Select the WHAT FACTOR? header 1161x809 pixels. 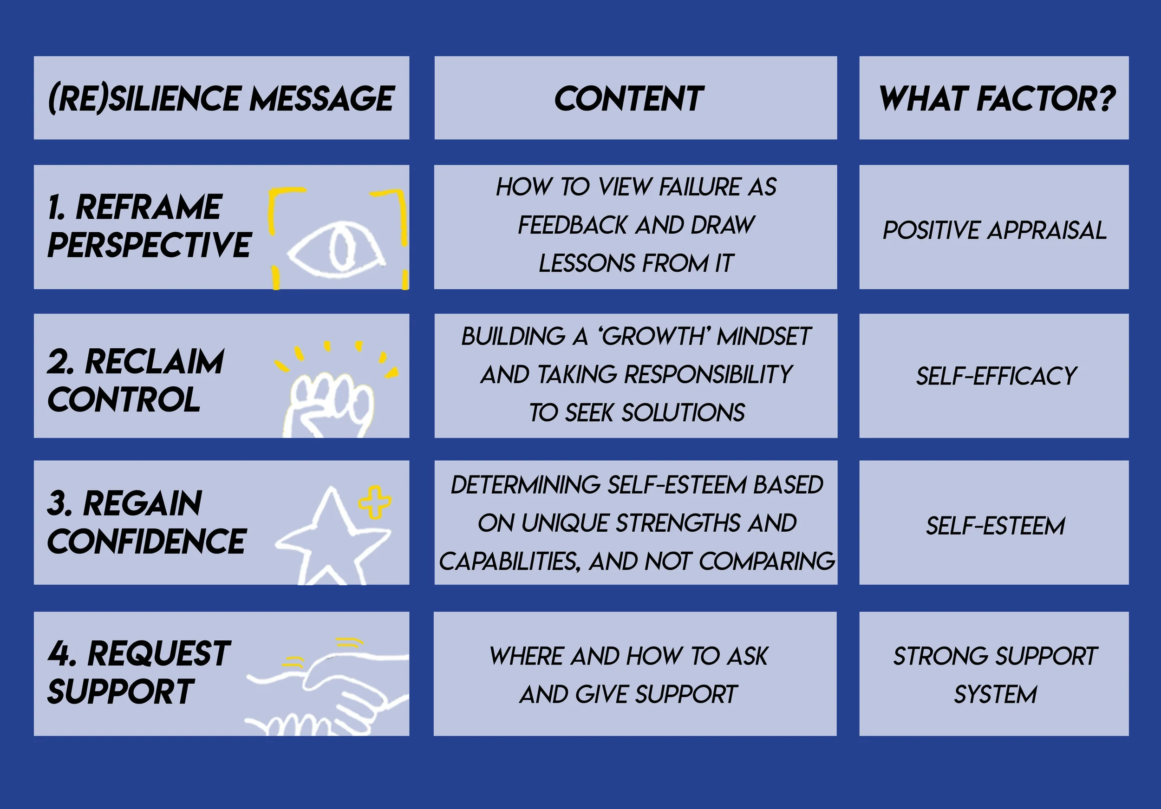997,98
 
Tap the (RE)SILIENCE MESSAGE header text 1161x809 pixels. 221,98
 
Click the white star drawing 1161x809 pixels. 331,539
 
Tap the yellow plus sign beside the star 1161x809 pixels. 375,502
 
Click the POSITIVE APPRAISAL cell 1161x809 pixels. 994,230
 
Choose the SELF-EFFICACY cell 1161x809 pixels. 996,376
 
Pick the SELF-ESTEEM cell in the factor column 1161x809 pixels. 995,526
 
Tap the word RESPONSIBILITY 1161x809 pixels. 708,375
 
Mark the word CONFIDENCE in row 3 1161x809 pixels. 147,541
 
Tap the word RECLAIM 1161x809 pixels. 154,361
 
